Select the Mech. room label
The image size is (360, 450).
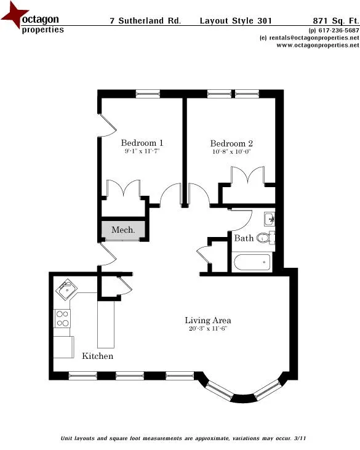[x=123, y=230]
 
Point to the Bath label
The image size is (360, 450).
[x=244, y=238]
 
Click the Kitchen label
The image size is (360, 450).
[x=98, y=356]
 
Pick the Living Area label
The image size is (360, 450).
[x=208, y=320]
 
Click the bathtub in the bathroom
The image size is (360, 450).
[x=252, y=263]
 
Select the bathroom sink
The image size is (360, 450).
[x=269, y=219]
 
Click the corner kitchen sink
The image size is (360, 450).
[x=65, y=289]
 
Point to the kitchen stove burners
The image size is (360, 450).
[x=62, y=318]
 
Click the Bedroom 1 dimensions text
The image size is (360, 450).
[x=142, y=151]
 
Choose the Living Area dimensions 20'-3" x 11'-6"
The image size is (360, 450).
[x=208, y=329]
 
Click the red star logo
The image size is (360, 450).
[x=14, y=17]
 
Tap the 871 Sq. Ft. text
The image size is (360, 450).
[x=335, y=21]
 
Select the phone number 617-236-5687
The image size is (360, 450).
[x=338, y=30]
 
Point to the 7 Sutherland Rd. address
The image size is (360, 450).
[x=145, y=21]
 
